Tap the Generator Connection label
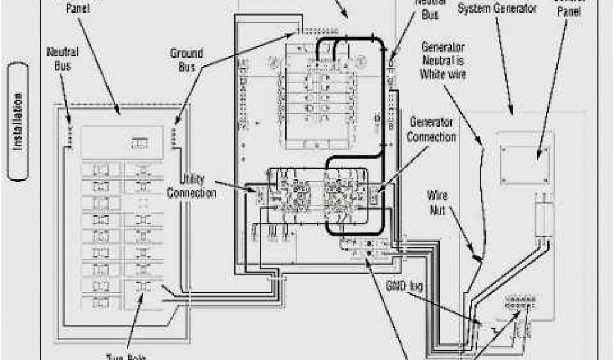[x=431, y=130]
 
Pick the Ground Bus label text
[x=186, y=60]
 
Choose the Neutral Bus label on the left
[x=62, y=58]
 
